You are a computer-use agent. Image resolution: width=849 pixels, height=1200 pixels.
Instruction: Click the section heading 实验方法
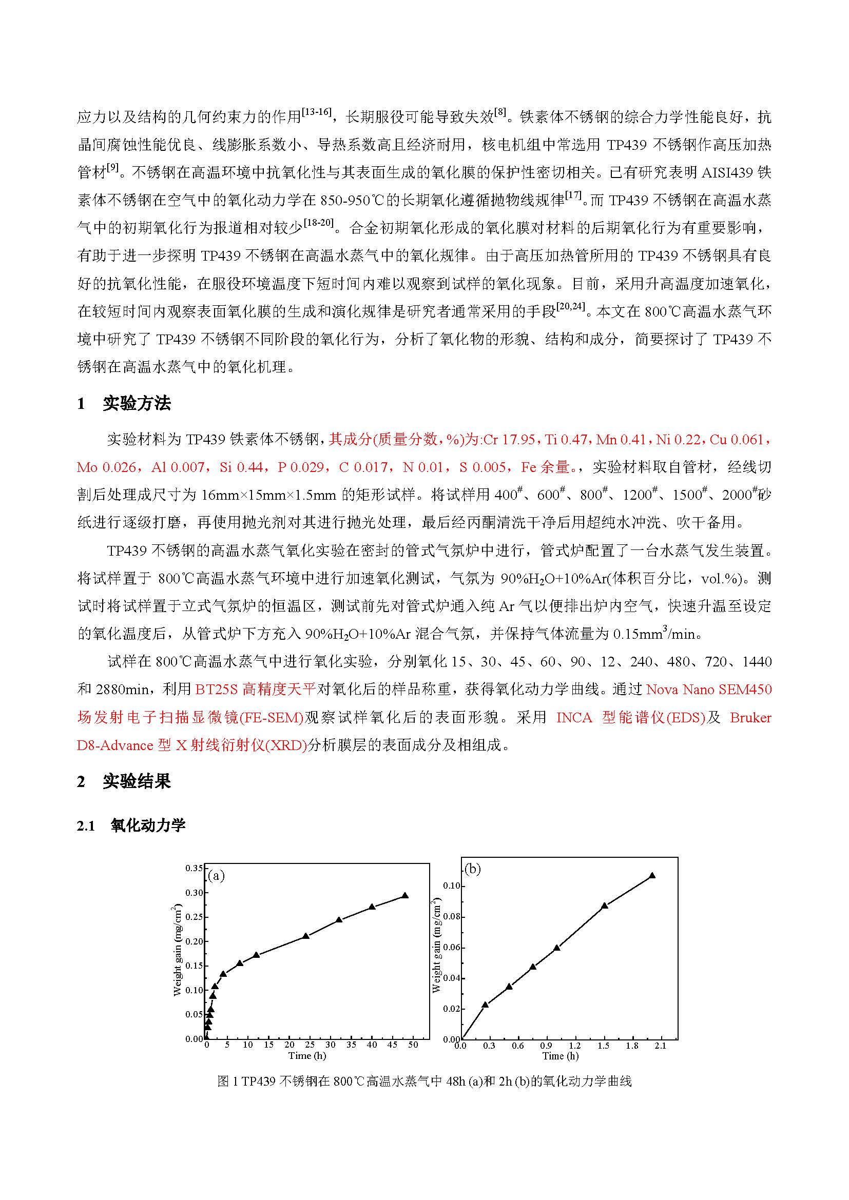pyautogui.click(x=137, y=403)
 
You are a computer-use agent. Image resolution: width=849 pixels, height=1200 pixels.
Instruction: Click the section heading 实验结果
pyautogui.click(x=137, y=781)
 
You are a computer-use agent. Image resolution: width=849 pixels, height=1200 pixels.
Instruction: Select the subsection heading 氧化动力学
pyautogui.click(x=148, y=825)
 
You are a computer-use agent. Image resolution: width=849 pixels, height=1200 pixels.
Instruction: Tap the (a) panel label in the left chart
pyautogui.click(x=216, y=875)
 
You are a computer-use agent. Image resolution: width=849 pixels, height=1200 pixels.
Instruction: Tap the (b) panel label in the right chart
pyautogui.click(x=473, y=869)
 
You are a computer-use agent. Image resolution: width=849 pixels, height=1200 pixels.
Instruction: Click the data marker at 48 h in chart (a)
pyautogui.click(x=404, y=896)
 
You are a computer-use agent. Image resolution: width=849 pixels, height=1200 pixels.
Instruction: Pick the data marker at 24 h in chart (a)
pyautogui.click(x=306, y=936)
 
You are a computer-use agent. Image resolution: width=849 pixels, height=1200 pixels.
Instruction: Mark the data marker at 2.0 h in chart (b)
pyautogui.click(x=652, y=875)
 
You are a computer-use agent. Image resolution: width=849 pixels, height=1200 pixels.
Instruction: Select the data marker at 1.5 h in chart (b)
pyautogui.click(x=604, y=906)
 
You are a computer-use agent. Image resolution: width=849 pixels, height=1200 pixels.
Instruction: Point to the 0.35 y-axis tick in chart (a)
pyautogui.click(x=194, y=868)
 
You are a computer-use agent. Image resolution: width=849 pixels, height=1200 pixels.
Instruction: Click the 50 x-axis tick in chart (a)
pyautogui.click(x=413, y=1045)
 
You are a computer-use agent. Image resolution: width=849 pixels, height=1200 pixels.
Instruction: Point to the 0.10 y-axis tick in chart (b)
pyautogui.click(x=452, y=886)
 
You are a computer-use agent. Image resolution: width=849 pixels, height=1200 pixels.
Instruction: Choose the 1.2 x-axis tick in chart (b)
pyautogui.click(x=574, y=1046)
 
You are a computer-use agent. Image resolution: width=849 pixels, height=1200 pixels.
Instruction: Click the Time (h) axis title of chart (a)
pyautogui.click(x=307, y=1056)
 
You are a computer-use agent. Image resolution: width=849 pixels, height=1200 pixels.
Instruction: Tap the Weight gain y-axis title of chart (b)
pyautogui.click(x=436, y=946)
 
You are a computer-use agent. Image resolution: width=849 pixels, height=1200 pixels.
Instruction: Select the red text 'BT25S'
pyautogui.click(x=217, y=690)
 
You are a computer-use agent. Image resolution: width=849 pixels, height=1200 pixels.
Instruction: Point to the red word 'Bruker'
pyautogui.click(x=750, y=718)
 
